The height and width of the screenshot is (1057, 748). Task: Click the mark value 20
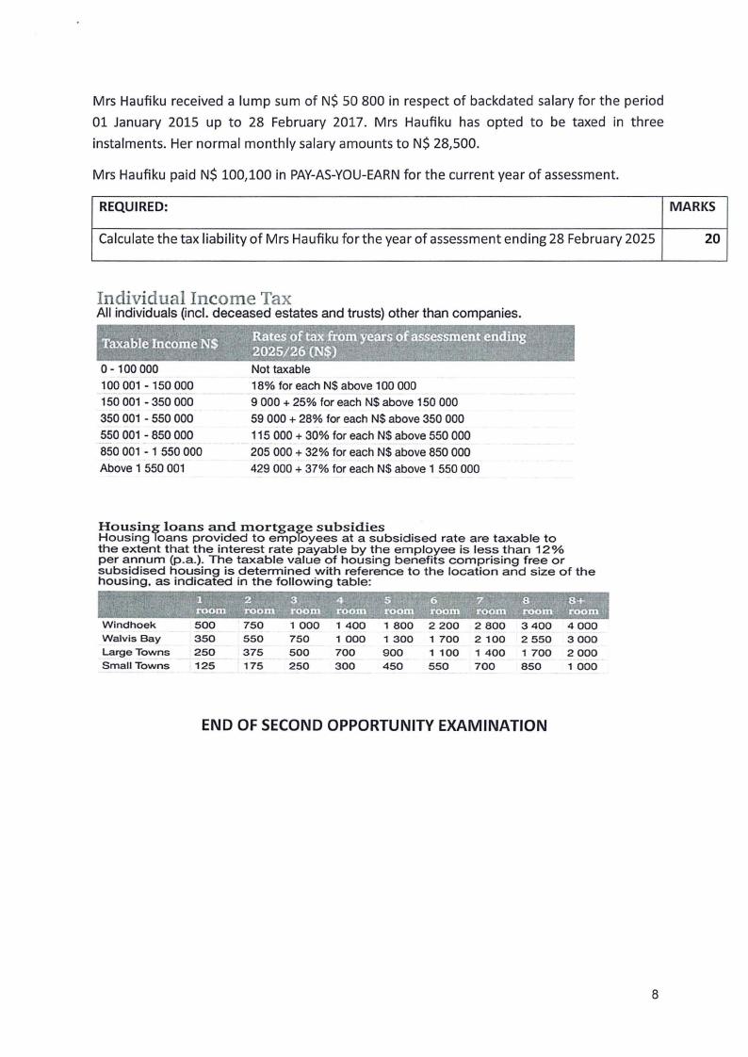pyautogui.click(x=713, y=239)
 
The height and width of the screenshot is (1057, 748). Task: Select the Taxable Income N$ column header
pyautogui.click(x=159, y=344)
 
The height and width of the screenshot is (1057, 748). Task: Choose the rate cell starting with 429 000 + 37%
pyautogui.click(x=365, y=468)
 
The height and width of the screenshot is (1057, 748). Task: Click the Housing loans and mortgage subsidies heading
pyautogui.click(x=242, y=526)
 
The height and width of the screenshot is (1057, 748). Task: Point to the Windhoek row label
pyautogui.click(x=129, y=625)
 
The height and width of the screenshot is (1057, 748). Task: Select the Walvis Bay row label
pyautogui.click(x=131, y=639)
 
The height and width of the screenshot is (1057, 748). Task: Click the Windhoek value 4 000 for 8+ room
pyautogui.click(x=582, y=625)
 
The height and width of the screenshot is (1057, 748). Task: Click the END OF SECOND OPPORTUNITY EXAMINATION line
pyautogui.click(x=374, y=725)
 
